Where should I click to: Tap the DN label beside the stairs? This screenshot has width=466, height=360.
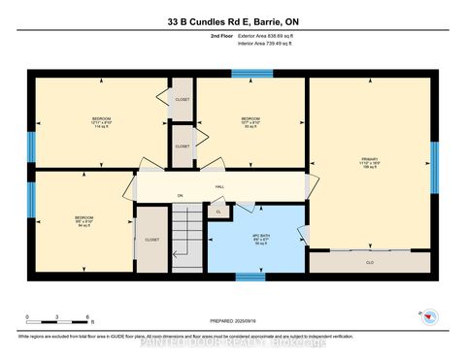[180, 195]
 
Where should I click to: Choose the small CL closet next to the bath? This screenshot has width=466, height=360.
[218, 211]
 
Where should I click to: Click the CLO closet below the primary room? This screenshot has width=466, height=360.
[369, 261]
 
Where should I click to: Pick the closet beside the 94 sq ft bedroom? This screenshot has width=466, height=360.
[151, 238]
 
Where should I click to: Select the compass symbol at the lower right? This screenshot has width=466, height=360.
[430, 316]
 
